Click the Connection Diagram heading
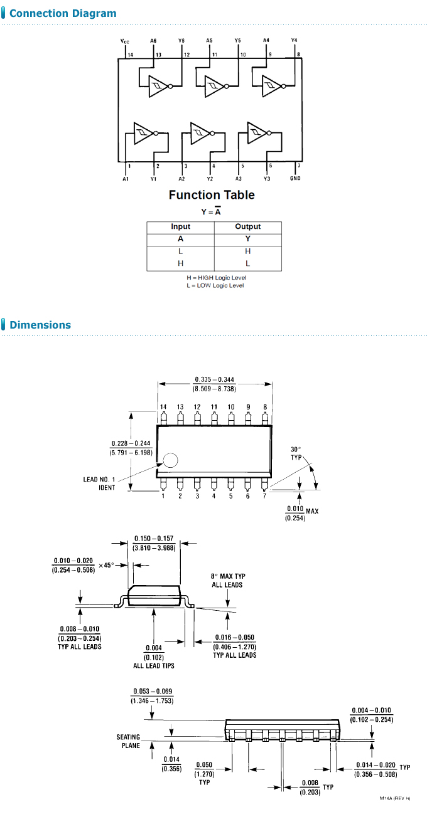63,13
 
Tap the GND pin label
295,179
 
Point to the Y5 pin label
237,41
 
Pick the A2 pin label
181,179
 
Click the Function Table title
212,195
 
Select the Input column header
181,226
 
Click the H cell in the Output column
247,251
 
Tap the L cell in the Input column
181,251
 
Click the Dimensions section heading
40,325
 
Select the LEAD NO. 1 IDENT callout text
99,483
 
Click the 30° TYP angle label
296,453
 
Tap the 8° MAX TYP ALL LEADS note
227,580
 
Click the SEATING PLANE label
128,741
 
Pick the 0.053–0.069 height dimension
152,695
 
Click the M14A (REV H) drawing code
394,798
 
